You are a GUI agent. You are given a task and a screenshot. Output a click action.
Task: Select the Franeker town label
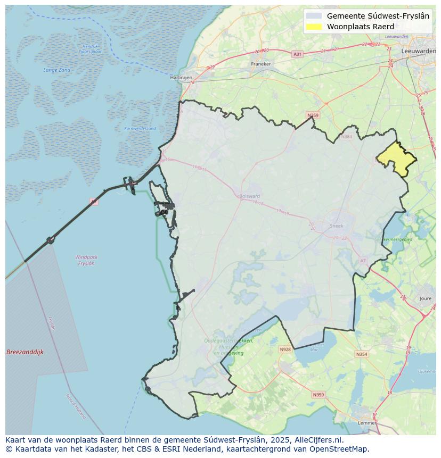click(x=261, y=64)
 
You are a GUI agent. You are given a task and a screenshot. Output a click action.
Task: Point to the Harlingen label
click(x=181, y=78)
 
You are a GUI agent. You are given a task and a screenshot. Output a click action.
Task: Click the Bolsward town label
click(x=250, y=196)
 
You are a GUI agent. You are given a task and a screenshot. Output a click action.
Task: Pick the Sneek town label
click(x=337, y=226)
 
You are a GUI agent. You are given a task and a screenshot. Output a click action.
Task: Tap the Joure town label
click(x=426, y=299)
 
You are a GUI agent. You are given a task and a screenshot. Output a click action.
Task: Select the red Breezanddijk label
click(x=25, y=352)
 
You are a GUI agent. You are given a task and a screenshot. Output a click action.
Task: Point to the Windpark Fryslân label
click(x=86, y=260)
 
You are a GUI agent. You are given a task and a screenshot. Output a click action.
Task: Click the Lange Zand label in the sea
click(x=57, y=70)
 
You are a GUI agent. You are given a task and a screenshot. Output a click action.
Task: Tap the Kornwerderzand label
click(x=140, y=128)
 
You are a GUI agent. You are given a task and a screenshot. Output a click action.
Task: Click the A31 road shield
click(x=297, y=54)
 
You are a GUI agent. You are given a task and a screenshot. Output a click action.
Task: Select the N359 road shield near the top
click(x=313, y=115)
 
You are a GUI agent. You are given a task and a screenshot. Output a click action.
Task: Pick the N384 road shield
click(x=347, y=137)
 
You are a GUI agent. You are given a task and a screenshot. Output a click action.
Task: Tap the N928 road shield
click(x=285, y=349)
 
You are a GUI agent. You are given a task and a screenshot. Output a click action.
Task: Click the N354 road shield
click(x=362, y=354)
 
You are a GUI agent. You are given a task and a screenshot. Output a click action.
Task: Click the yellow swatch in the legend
click(x=315, y=27)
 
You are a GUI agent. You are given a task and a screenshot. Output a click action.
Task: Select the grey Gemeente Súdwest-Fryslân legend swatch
click(x=315, y=16)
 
